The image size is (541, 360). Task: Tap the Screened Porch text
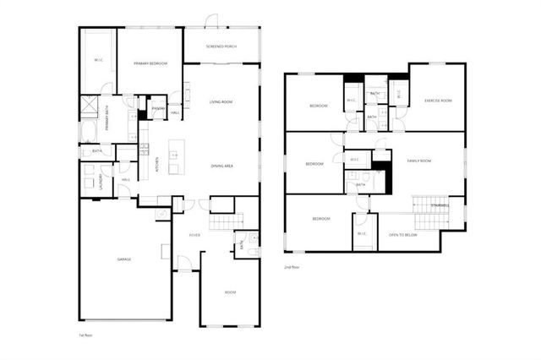221,46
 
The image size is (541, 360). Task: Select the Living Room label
221,102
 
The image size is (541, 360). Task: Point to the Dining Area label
222,166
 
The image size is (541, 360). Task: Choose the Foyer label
194,236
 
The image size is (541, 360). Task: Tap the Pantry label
157,108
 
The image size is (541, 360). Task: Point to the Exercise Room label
438,101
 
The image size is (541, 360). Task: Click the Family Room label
418,161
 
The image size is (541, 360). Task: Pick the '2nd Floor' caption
292,267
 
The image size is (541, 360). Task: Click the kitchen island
176,154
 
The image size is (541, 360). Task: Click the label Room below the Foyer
229,292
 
